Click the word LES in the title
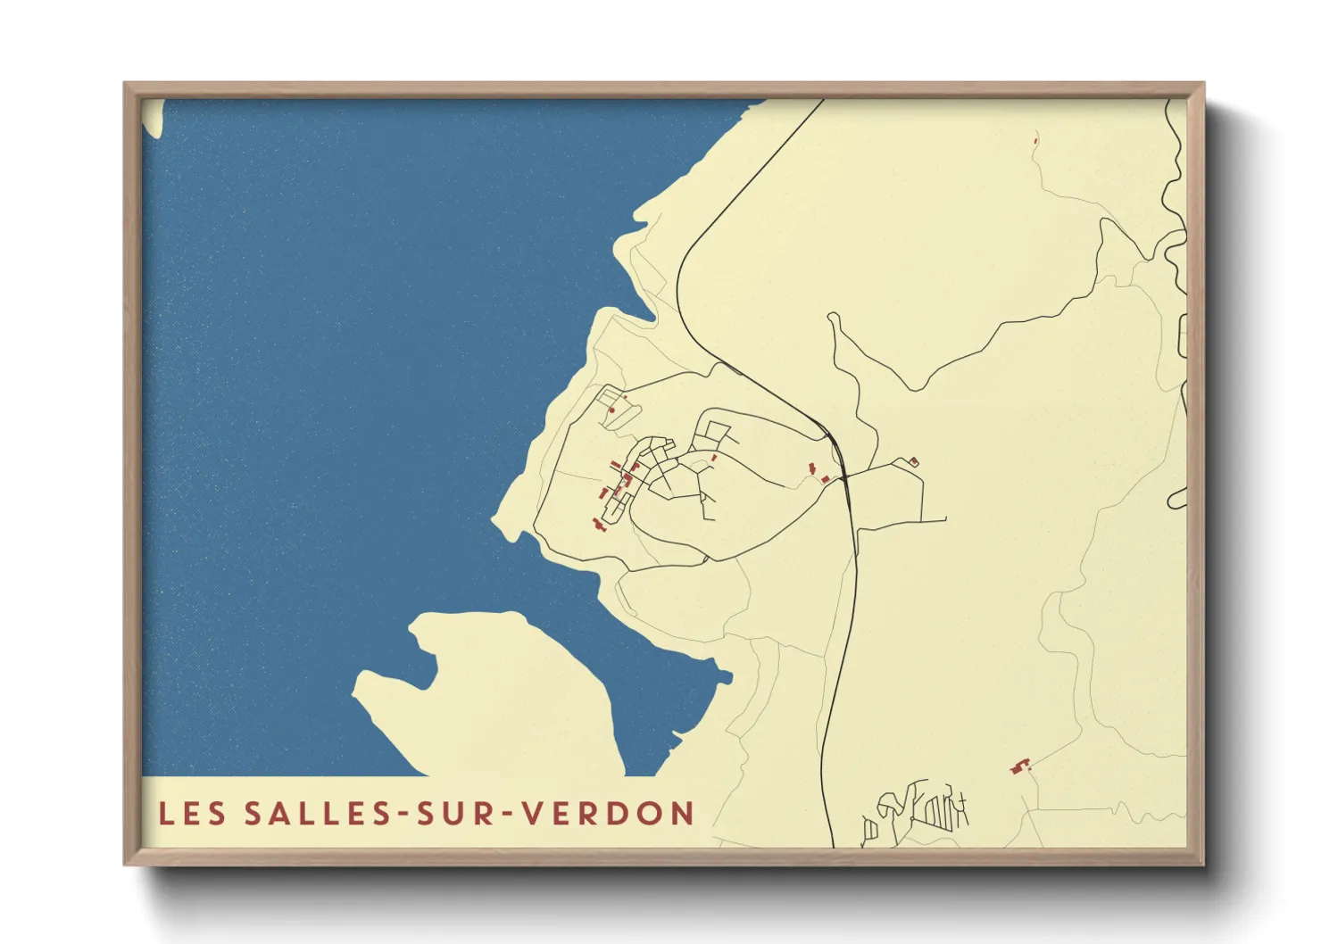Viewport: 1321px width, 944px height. pyautogui.click(x=192, y=813)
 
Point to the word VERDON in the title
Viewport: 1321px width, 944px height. pyautogui.click(x=608, y=813)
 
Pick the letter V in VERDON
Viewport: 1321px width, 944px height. pyautogui.click(x=532, y=813)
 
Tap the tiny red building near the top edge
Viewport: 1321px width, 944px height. pyautogui.click(x=1035, y=138)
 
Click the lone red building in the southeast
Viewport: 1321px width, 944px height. pyautogui.click(x=1020, y=766)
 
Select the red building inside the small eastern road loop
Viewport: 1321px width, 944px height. pyautogui.click(x=913, y=461)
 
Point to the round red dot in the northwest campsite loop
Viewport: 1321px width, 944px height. pyautogui.click(x=612, y=410)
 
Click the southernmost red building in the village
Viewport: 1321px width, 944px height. pyautogui.click(x=597, y=525)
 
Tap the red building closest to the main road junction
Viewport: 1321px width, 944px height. pyautogui.click(x=826, y=479)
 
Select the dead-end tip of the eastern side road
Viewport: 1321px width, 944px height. pyautogui.click(x=945, y=518)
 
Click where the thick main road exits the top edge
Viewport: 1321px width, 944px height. pyautogui.click(x=822, y=100)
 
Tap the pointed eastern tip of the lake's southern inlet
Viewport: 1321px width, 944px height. pyautogui.click(x=731, y=676)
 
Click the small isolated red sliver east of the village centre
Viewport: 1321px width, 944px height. pyautogui.click(x=714, y=458)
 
